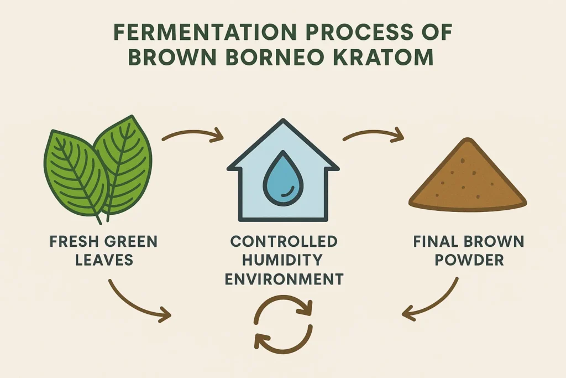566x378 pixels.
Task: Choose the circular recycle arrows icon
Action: coord(283,324)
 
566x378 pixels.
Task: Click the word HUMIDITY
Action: coord(284,260)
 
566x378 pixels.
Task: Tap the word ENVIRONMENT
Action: coord(284,278)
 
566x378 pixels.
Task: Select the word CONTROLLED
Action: coord(284,242)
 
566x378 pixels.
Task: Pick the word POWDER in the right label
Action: coord(469,260)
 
